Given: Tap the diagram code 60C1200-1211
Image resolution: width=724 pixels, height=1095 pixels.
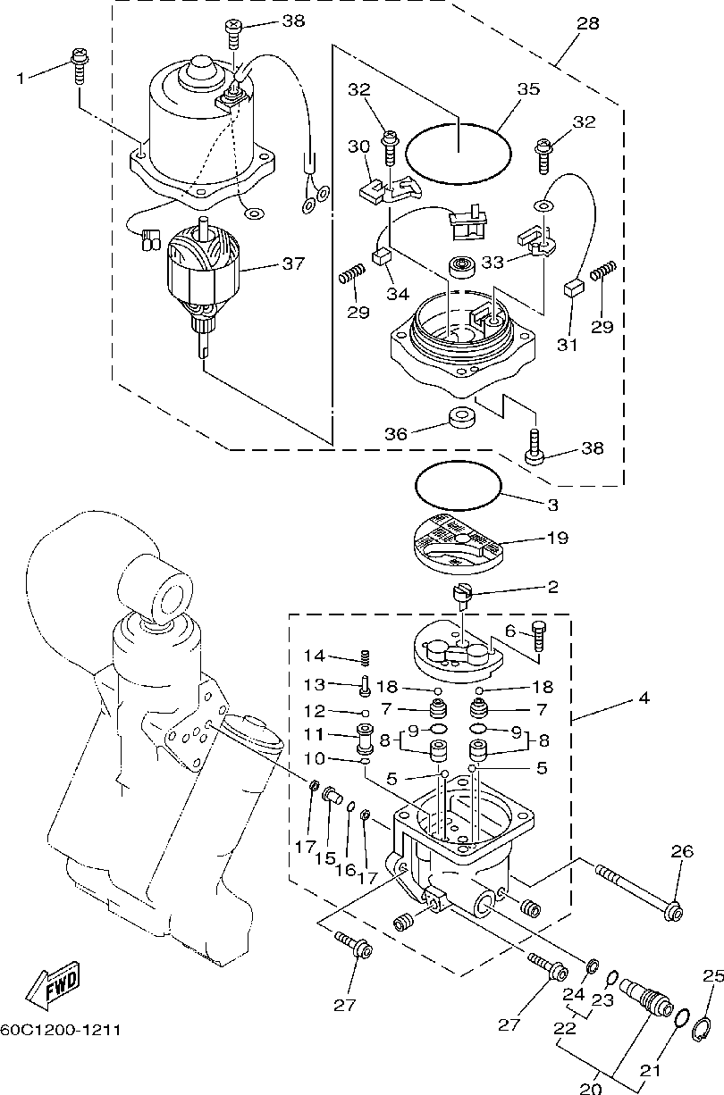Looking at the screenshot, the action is click(x=60, y=1031).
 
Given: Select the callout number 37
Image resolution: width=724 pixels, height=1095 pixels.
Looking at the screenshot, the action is click(x=293, y=263).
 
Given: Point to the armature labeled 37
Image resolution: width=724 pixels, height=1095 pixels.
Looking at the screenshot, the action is click(x=203, y=287).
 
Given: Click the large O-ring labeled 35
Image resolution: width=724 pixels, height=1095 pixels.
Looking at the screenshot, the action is click(x=459, y=154).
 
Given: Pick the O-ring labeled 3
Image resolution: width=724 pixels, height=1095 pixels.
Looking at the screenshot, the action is click(x=459, y=486).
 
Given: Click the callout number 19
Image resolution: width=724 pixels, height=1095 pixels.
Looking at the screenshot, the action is click(x=557, y=538).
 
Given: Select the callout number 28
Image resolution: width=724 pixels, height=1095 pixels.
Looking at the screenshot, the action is click(x=587, y=23).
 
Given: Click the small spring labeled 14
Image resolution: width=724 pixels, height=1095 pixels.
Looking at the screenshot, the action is click(x=365, y=657).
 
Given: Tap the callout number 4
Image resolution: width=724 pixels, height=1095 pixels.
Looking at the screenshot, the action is click(x=644, y=698).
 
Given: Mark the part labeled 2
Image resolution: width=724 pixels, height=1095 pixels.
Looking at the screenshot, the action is click(x=462, y=597).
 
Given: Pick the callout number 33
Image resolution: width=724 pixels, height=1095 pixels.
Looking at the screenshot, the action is click(x=492, y=263).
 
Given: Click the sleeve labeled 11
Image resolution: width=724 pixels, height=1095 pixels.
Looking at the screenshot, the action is click(x=365, y=739).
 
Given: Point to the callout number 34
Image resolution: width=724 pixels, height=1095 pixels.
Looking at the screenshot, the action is click(x=398, y=294).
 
